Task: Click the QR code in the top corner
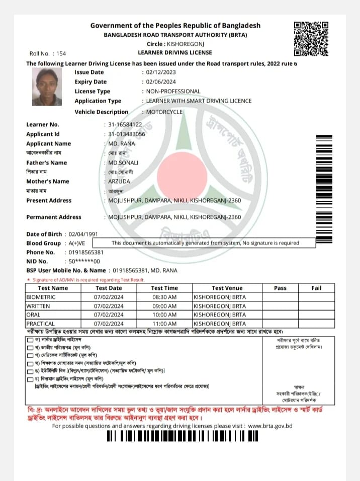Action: [311, 38]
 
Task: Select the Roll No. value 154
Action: [61, 53]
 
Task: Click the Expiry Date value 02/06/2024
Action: [160, 82]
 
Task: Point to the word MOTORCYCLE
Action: [164, 112]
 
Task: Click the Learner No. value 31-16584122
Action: [125, 124]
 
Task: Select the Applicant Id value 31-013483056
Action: [127, 134]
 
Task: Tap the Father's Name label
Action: [46, 163]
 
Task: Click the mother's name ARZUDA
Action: [119, 181]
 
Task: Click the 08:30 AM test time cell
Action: [164, 297]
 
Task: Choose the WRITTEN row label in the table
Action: [38, 306]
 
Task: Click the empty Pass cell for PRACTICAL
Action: [280, 324]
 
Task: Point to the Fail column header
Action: [316, 288]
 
